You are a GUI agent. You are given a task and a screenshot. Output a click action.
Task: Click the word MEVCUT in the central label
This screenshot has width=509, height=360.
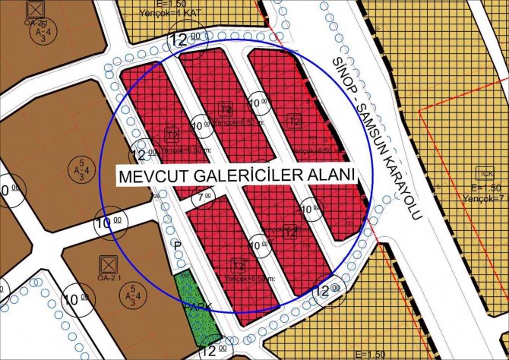coord(149,175)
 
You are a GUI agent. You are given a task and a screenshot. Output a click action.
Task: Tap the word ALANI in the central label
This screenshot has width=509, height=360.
coord(330,175)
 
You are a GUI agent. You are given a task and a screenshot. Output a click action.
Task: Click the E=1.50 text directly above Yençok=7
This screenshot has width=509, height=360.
coord(486,187)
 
